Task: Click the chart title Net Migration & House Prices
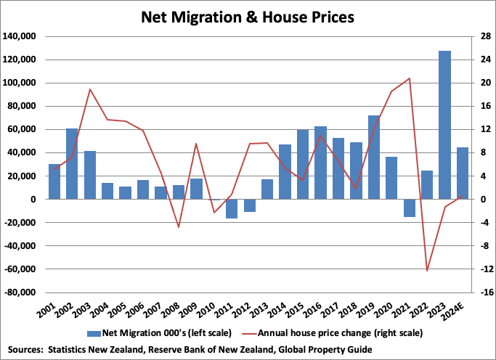(x=248, y=16)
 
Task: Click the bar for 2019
(x=374, y=157)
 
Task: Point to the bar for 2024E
(x=463, y=173)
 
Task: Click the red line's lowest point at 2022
(x=427, y=271)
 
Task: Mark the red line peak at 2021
(x=410, y=78)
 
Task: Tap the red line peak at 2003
(x=90, y=89)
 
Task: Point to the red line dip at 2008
(x=179, y=227)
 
